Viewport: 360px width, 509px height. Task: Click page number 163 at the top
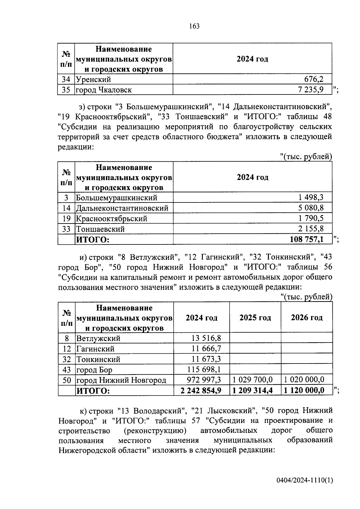(x=194, y=26)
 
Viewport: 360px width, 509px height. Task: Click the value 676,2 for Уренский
(x=314, y=79)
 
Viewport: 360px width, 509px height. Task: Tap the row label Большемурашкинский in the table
(x=116, y=198)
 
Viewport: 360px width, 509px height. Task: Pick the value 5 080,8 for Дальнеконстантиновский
(x=311, y=208)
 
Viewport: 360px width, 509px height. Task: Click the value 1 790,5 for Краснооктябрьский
(x=311, y=218)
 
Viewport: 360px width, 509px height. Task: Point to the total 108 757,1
(x=307, y=239)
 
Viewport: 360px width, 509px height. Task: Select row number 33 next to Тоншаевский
(x=66, y=229)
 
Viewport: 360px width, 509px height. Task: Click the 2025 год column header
(x=255, y=318)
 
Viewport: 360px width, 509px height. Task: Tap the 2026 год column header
(x=307, y=318)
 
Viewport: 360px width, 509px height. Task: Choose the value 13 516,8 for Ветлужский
(x=206, y=338)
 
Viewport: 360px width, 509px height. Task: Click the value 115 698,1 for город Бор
(x=204, y=370)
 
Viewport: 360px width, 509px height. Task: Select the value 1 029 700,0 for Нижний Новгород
(x=253, y=380)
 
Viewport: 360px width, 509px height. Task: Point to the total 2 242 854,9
(x=201, y=391)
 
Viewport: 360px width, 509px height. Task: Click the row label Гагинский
(x=95, y=349)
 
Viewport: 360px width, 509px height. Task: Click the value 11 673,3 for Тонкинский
(x=206, y=359)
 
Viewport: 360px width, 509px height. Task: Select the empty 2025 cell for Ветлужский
(x=255, y=338)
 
